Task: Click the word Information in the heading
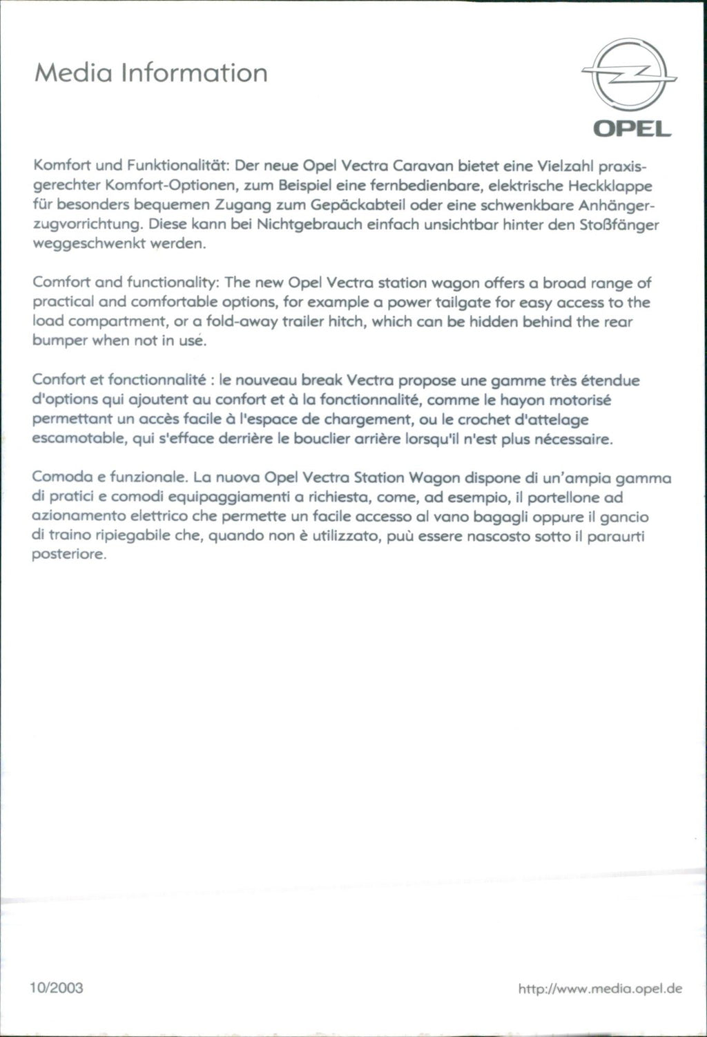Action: pyautogui.click(x=193, y=73)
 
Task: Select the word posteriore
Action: pyautogui.click(x=69, y=555)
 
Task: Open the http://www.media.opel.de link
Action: pyautogui.click(x=599, y=989)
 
